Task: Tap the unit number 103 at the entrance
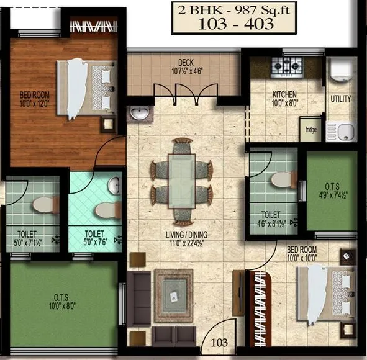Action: tap(219, 341)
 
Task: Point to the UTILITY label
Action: tap(340, 99)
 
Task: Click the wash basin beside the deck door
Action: tap(138, 114)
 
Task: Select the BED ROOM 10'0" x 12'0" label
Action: tap(35, 98)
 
